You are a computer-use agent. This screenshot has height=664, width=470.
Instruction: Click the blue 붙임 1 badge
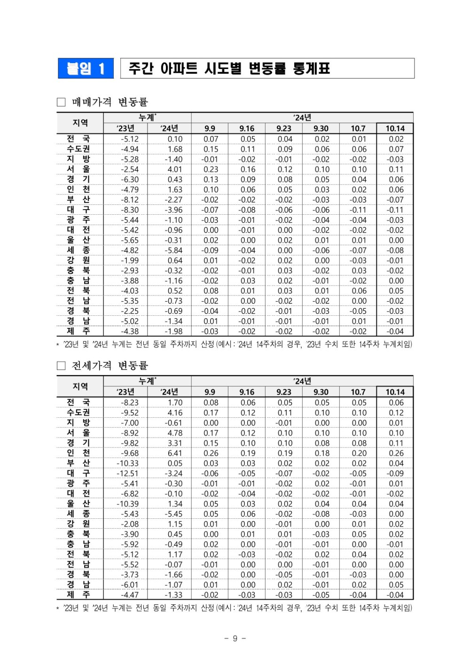tap(86, 69)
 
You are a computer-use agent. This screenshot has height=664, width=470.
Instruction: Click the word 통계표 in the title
tap(311, 69)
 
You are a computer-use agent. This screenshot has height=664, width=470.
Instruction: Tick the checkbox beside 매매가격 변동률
tap(61, 102)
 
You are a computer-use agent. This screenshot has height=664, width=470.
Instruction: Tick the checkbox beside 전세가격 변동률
tap(61, 366)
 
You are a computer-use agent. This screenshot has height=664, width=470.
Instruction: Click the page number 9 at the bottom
tap(235, 638)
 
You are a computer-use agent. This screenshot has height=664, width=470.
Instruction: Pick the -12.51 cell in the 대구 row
tap(128, 473)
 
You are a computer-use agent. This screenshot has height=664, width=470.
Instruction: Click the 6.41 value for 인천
tap(174, 453)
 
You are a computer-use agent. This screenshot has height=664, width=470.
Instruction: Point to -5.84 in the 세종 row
tap(173, 250)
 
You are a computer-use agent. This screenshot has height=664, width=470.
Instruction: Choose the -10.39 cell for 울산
tap(128, 504)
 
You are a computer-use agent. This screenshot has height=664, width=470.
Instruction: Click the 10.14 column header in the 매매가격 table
tap(395, 128)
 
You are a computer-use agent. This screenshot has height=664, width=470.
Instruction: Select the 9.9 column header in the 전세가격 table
tap(210, 392)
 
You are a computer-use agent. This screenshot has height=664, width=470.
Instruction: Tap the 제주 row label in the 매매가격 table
tap(78, 331)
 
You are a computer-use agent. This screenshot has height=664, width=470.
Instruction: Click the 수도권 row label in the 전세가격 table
tap(78, 413)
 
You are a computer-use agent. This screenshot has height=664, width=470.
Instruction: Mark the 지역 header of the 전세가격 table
tap(80, 386)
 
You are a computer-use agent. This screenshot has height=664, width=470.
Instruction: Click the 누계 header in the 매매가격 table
tap(147, 117)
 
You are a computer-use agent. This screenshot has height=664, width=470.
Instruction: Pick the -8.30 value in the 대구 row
tap(130, 210)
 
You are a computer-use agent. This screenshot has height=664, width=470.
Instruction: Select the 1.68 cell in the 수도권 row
tap(174, 149)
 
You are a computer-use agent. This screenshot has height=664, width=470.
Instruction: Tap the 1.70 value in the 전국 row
tap(174, 402)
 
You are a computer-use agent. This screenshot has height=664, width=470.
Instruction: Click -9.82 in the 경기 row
tap(130, 443)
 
